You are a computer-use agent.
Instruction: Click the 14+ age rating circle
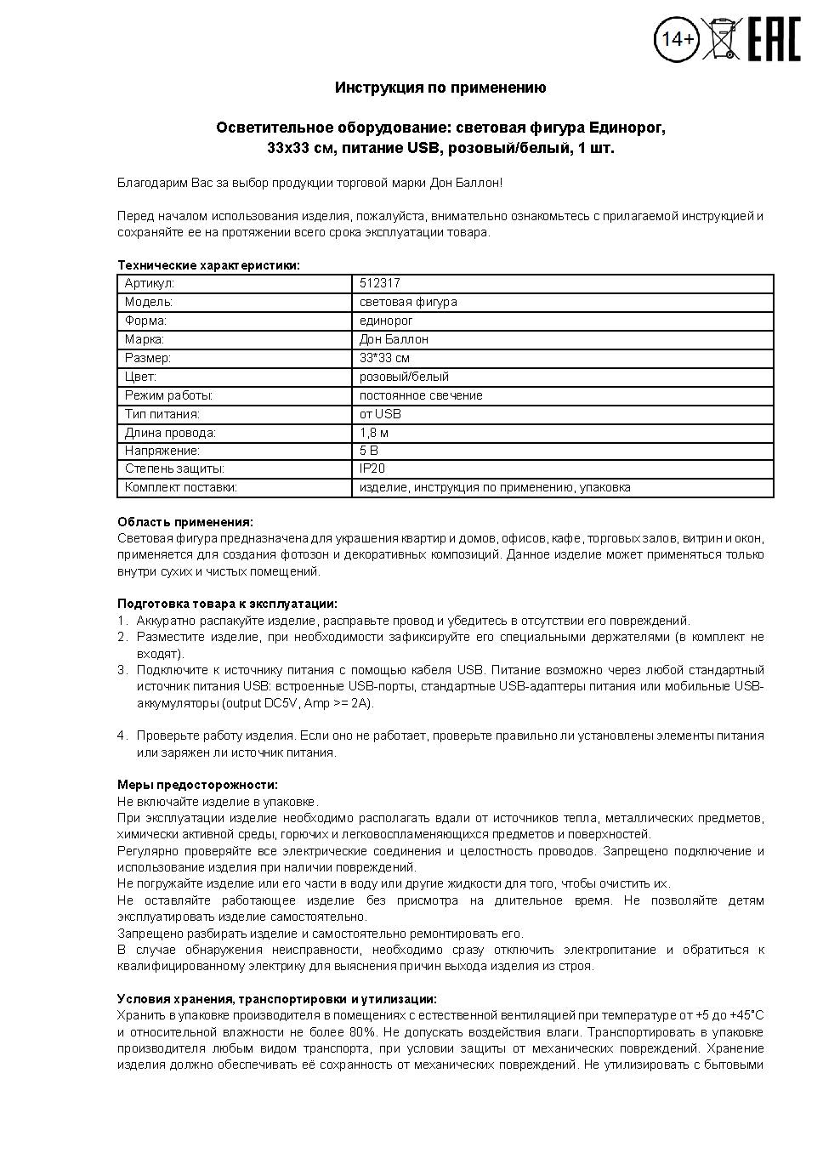pyautogui.click(x=678, y=39)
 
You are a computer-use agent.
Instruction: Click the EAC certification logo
pyautogui.click(x=774, y=39)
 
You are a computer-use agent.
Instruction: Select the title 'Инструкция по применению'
pyautogui.click(x=440, y=88)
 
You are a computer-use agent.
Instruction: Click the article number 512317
pyautogui.click(x=380, y=283)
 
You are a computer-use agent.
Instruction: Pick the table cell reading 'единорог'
pyautogui.click(x=386, y=321)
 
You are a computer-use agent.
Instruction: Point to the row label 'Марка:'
pyautogui.click(x=145, y=339)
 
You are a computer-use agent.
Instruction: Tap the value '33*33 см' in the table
pyautogui.click(x=384, y=358)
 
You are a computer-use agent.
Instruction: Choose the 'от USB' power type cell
pyautogui.click(x=380, y=414)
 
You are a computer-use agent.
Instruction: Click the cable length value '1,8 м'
pyautogui.click(x=374, y=433)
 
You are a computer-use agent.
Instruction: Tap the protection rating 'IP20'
pyautogui.click(x=372, y=468)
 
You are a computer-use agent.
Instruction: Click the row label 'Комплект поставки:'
pyautogui.click(x=180, y=487)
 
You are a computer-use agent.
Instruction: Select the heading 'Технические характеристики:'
pyautogui.click(x=208, y=265)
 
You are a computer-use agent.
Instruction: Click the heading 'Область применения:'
pyautogui.click(x=184, y=522)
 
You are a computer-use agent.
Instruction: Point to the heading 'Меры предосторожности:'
pyautogui.click(x=197, y=785)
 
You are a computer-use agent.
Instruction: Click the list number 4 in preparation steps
pyautogui.click(x=122, y=735)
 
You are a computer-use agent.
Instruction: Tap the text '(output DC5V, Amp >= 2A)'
pyautogui.click(x=298, y=703)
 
